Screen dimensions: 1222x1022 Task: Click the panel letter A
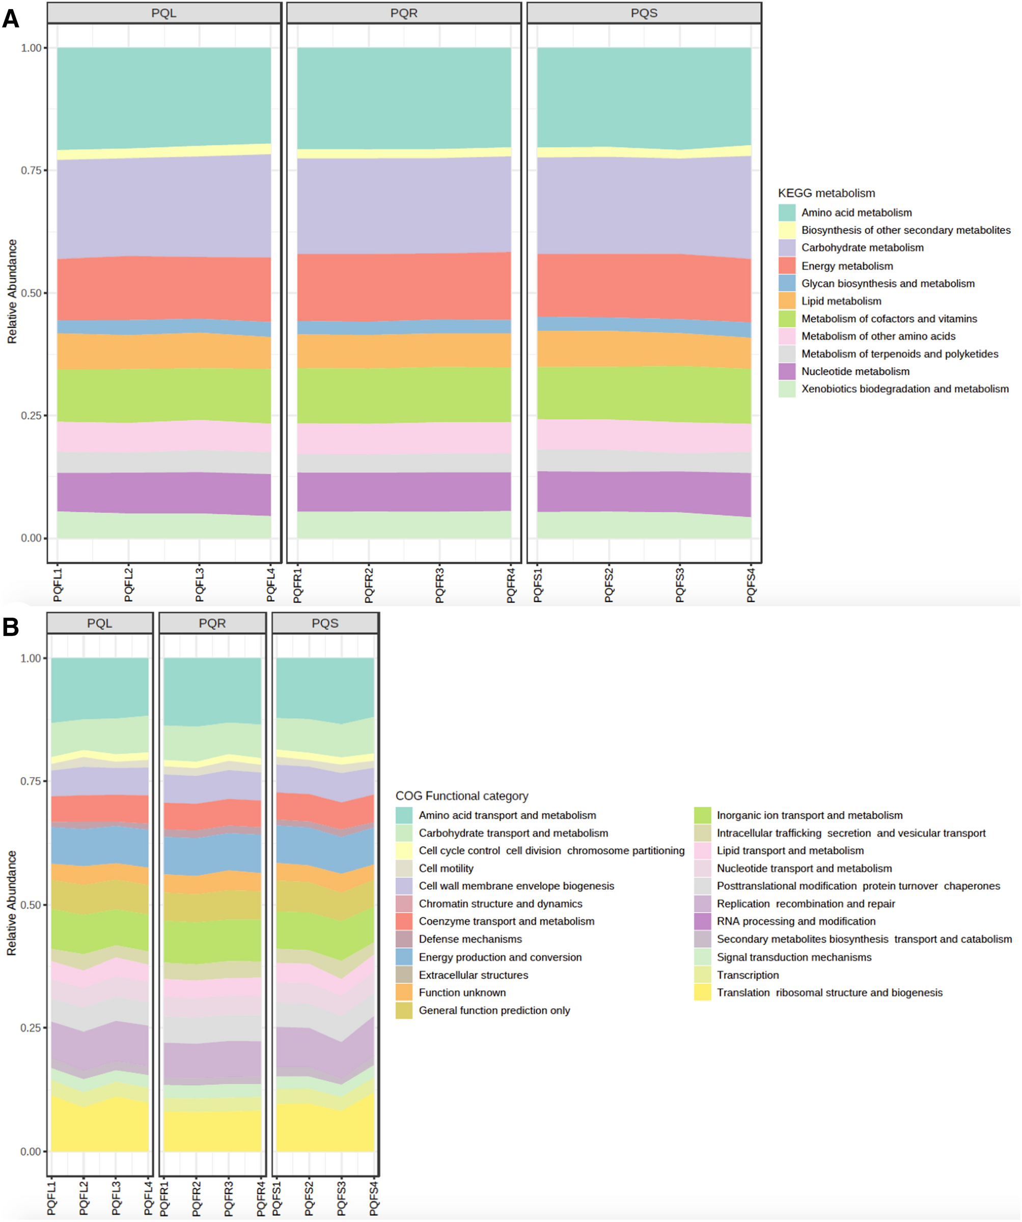(x=11, y=19)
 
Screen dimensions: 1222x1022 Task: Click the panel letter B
(x=11, y=627)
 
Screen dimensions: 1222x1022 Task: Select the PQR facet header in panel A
(x=404, y=13)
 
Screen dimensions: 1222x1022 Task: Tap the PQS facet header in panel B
(x=325, y=623)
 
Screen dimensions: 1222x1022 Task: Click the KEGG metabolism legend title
(x=826, y=193)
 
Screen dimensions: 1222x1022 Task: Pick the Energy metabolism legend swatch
(x=787, y=266)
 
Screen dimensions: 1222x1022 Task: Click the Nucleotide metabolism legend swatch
(x=787, y=371)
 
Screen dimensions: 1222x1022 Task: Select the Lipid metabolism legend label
(x=841, y=301)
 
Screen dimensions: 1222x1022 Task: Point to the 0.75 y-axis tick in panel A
(x=32, y=171)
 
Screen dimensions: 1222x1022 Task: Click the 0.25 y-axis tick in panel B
(x=32, y=1027)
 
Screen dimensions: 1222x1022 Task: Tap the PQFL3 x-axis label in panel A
(x=200, y=585)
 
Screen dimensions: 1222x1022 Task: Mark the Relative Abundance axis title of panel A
(x=12, y=291)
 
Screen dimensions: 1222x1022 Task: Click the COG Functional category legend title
(x=462, y=796)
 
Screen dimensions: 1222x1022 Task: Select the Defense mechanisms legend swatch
(x=404, y=939)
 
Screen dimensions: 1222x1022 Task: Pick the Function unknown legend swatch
(x=404, y=992)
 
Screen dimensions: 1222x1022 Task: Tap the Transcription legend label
(x=748, y=975)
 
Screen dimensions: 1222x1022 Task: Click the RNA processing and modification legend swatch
(x=703, y=921)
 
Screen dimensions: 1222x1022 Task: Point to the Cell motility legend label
(x=446, y=868)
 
